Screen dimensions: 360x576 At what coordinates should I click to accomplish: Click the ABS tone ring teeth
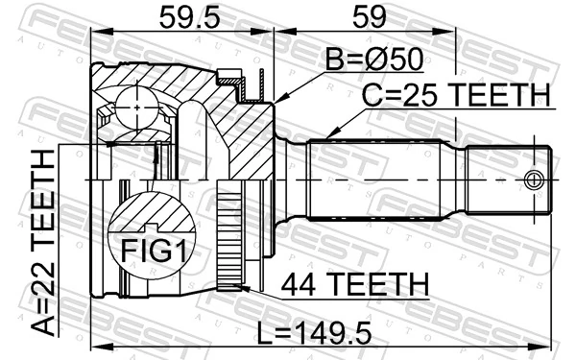(228, 240)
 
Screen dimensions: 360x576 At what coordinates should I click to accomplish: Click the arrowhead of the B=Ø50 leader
(278, 101)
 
